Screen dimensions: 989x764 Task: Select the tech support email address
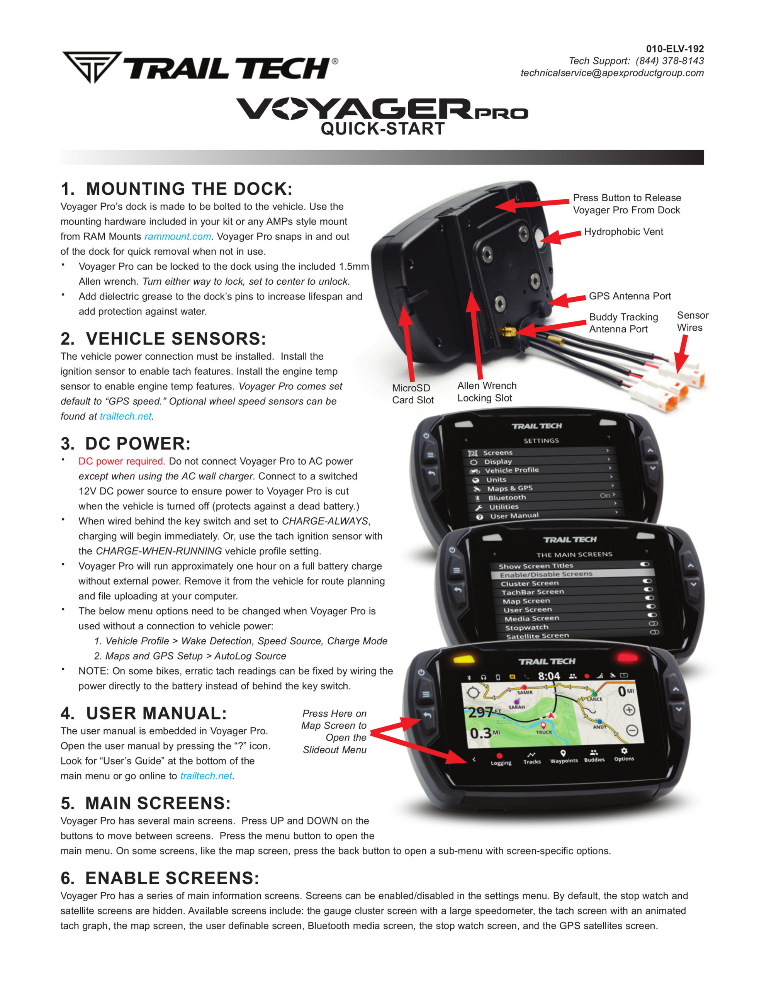(x=612, y=73)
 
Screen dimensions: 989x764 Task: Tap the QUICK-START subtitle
(x=383, y=129)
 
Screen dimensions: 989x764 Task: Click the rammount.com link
(x=178, y=236)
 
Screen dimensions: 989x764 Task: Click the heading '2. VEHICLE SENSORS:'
(x=163, y=339)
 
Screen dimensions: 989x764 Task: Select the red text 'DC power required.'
(x=121, y=461)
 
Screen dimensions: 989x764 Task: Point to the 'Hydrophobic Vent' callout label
(x=623, y=231)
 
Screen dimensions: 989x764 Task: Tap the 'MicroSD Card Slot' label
(x=413, y=394)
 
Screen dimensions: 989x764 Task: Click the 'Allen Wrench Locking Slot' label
(x=487, y=392)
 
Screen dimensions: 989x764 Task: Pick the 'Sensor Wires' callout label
(x=692, y=321)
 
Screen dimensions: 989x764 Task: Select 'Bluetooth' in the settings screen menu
(x=507, y=498)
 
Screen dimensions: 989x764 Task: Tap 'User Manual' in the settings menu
(x=514, y=516)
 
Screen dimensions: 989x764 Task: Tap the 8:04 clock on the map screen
(x=549, y=676)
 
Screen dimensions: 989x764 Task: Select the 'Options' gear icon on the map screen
(x=624, y=755)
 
